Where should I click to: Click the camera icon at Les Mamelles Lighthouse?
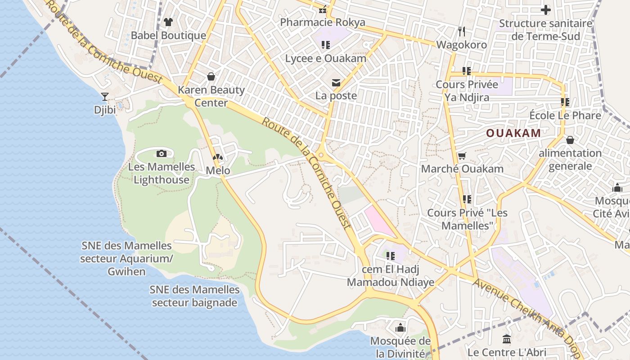point(162,154)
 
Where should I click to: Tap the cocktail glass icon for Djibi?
point(105,96)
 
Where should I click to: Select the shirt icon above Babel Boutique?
point(168,22)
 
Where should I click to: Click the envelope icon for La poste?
point(336,82)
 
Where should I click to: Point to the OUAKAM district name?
point(513,133)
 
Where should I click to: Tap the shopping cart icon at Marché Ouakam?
point(462,156)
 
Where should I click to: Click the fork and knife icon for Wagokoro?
point(461,31)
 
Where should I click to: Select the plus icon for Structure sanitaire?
point(545,10)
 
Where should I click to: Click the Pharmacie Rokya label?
point(323,22)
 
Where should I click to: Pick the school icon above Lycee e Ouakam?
point(326,45)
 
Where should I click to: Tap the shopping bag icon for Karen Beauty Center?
point(211,76)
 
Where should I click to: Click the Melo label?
point(218,171)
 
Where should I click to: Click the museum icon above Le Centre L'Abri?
point(507,339)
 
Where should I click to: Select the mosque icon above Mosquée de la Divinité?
point(400,328)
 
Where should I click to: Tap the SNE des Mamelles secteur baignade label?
point(194,296)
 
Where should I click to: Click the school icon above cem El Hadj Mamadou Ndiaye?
point(390,256)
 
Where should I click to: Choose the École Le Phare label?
point(565,116)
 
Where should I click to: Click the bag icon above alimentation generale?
point(570,140)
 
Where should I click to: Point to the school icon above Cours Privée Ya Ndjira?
point(467,71)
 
